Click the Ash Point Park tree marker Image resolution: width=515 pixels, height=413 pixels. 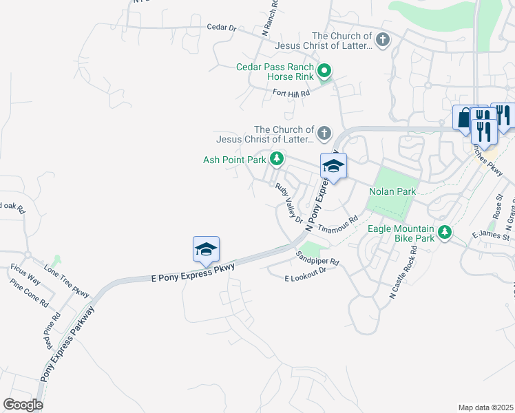[277, 159]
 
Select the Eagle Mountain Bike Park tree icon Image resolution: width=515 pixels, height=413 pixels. [445, 233]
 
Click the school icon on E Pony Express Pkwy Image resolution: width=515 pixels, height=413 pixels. [206, 249]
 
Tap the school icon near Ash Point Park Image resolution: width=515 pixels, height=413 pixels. [333, 167]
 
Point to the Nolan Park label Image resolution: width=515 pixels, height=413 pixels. [392, 191]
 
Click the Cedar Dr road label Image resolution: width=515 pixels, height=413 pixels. [221, 28]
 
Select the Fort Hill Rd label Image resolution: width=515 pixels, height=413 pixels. [291, 93]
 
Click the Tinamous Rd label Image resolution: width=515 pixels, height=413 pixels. [338, 226]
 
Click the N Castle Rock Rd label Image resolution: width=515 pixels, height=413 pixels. [404, 274]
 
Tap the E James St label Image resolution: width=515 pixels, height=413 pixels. [490, 236]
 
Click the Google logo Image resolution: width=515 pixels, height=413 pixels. [23, 404]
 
